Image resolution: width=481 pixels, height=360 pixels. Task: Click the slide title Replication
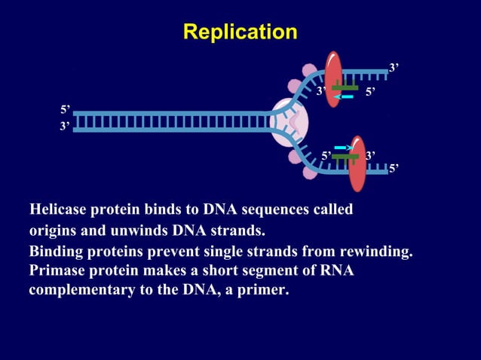[240, 32]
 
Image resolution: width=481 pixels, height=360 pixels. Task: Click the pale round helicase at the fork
[289, 121]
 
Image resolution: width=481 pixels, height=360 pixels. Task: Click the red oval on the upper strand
[333, 78]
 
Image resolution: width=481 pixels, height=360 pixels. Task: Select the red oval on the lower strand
[357, 163]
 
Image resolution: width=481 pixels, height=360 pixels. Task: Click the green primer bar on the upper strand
[345, 87]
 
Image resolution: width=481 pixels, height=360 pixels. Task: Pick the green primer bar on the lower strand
[345, 157]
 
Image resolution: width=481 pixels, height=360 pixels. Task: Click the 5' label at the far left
[66, 110]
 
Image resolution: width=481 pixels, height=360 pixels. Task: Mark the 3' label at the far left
[66, 127]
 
